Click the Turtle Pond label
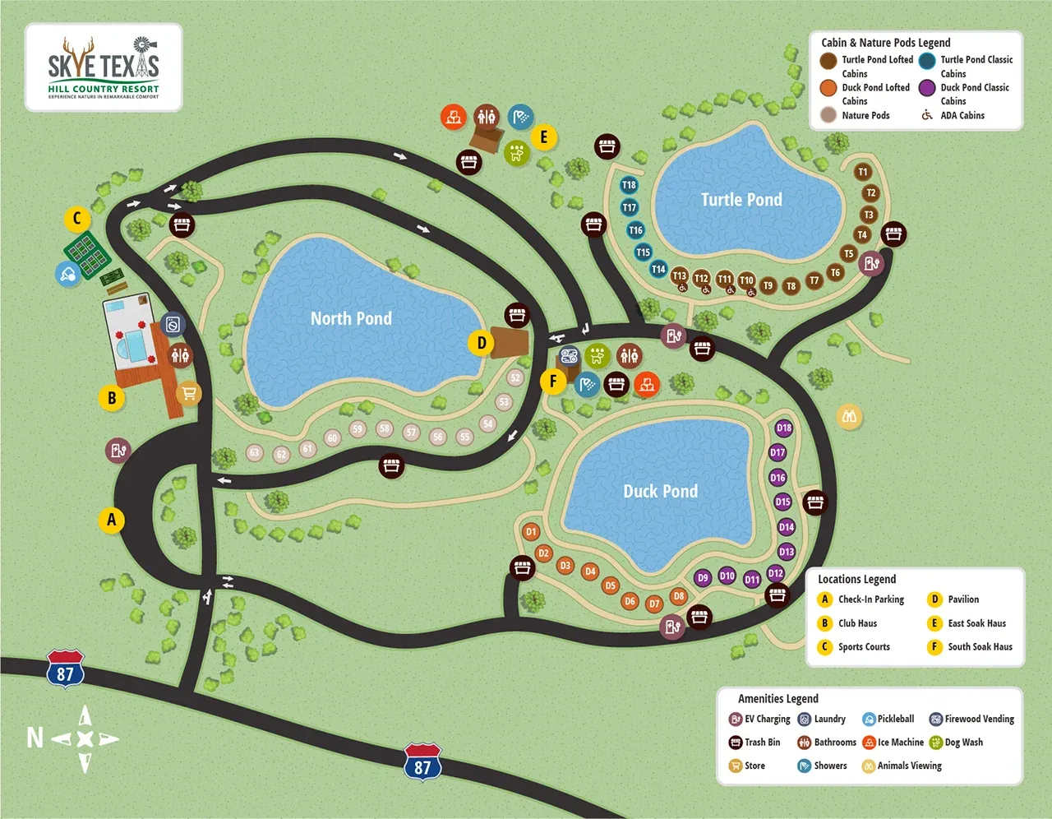[741, 200]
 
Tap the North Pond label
[351, 319]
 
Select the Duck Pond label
[660, 492]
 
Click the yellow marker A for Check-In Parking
[112, 520]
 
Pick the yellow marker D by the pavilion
[482, 343]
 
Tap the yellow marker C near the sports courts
[77, 219]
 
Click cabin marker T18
[629, 185]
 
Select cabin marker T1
[862, 172]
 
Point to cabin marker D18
[784, 428]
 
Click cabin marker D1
[531, 532]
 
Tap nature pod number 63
[255, 453]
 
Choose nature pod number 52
[515, 378]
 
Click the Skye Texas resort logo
[104, 67]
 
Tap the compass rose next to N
[85, 738]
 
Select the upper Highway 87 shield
[65, 669]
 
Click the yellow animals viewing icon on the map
[849, 416]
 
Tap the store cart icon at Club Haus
[189, 394]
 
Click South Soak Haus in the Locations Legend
[980, 646]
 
